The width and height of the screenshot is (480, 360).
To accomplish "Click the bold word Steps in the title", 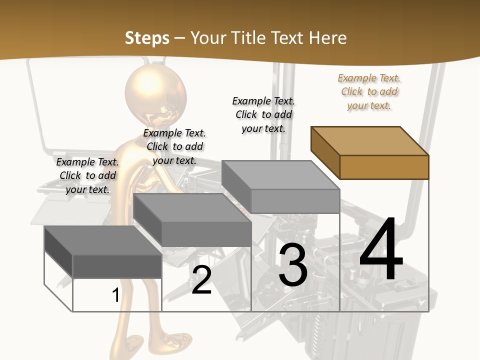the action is pyautogui.click(x=147, y=38).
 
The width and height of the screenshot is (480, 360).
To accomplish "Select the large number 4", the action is pyautogui.click(x=381, y=250).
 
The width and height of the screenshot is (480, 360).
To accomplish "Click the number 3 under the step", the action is pyautogui.click(x=293, y=265).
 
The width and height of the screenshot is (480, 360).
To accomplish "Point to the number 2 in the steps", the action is pyautogui.click(x=201, y=280).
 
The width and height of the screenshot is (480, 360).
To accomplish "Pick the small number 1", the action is pyautogui.click(x=115, y=295).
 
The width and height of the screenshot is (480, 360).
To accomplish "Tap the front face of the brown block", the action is pyautogui.click(x=384, y=167).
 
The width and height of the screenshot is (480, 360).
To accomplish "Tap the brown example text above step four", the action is pyautogui.click(x=369, y=92).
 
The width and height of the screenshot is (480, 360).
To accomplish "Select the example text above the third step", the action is pyautogui.click(x=263, y=115).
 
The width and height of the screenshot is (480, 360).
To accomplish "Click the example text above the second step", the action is pyautogui.click(x=174, y=147).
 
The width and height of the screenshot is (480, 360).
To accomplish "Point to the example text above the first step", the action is pyautogui.click(x=87, y=176).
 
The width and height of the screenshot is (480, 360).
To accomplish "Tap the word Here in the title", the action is pyautogui.click(x=328, y=38).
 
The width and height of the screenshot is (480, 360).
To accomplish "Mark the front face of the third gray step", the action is pyautogui.click(x=295, y=201).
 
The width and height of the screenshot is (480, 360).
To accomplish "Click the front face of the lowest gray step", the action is pyautogui.click(x=117, y=266).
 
